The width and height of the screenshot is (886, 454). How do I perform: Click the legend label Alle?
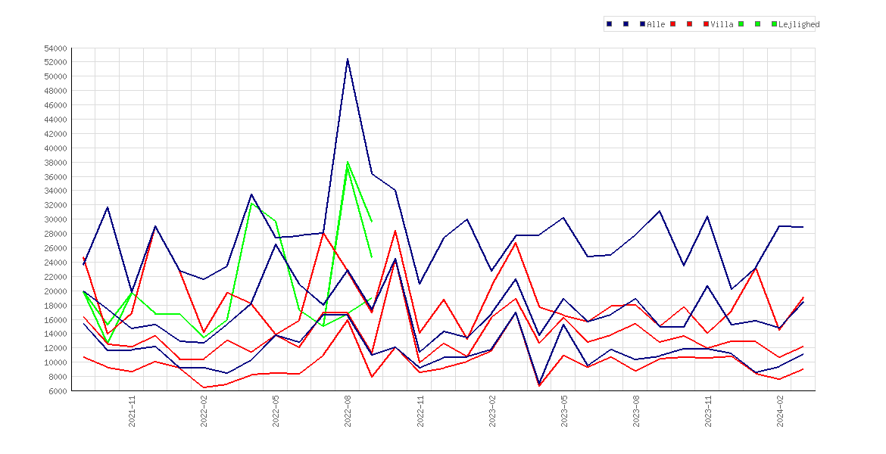pos(656,24)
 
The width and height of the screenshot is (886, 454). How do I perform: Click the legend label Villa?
pos(722,24)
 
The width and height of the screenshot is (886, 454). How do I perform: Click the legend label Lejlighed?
pos(799,24)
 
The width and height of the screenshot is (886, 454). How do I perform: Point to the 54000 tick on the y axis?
pos(56,48)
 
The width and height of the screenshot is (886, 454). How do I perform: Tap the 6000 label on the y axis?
pos(58,390)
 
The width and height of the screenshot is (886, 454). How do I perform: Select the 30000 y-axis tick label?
pos(56,219)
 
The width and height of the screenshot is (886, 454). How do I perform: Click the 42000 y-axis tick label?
pos(56,134)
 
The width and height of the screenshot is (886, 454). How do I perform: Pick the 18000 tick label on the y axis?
pos(56,306)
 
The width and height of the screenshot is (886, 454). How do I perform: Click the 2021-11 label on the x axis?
pos(133,411)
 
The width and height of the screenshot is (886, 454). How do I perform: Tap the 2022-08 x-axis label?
pos(348,411)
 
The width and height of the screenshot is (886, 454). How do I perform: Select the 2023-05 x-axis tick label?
pos(564,411)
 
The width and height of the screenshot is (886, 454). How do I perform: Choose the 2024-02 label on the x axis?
pos(780,411)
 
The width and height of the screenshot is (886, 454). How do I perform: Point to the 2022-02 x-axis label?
pos(204,411)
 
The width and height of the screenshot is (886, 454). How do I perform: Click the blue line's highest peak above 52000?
pos(348,59)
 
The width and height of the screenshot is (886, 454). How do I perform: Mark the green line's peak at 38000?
pos(348,162)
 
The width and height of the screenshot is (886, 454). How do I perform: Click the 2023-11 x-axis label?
pos(708,411)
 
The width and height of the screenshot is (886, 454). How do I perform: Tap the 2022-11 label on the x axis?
pos(420,411)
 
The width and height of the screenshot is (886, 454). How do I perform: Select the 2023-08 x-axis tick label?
pos(635,411)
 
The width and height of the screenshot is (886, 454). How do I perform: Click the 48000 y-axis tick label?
pos(56,91)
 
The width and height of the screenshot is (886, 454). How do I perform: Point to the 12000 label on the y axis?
pos(56,348)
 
